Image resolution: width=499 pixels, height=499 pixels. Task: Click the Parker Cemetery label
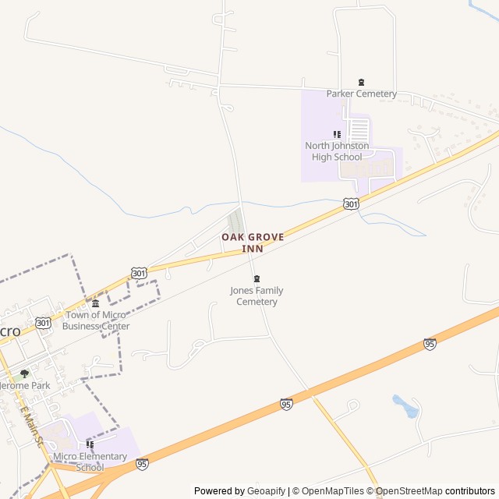click(x=361, y=94)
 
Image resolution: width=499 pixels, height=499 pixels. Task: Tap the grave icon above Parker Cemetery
click(x=361, y=83)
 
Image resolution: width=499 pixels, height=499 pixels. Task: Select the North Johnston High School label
click(x=337, y=151)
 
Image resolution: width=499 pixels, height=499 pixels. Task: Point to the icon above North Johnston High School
click(x=337, y=135)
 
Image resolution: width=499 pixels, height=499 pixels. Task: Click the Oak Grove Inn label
click(x=253, y=242)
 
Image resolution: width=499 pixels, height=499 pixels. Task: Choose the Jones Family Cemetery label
click(x=257, y=296)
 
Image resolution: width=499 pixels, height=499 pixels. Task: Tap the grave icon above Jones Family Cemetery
click(x=257, y=279)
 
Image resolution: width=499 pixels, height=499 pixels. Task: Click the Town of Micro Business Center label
click(x=97, y=320)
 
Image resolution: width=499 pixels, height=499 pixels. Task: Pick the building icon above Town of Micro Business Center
click(x=96, y=303)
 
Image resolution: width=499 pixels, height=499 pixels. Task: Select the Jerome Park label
click(x=23, y=385)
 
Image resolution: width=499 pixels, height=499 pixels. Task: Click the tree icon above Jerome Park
click(x=24, y=374)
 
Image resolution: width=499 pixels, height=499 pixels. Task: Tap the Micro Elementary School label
click(x=90, y=462)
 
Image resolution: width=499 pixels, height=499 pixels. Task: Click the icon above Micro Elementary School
click(x=90, y=444)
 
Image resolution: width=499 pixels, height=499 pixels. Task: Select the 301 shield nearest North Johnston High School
click(x=351, y=203)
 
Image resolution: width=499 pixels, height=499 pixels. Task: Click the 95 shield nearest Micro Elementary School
click(x=142, y=464)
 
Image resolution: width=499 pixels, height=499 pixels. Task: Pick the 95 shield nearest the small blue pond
click(x=430, y=344)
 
